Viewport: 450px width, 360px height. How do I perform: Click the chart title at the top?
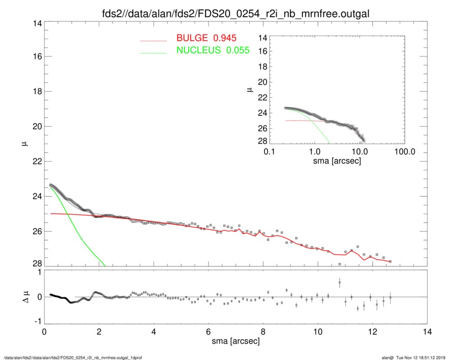(x=225, y=13)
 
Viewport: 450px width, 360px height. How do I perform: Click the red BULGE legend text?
(x=206, y=39)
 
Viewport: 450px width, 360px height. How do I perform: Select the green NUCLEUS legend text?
(x=213, y=50)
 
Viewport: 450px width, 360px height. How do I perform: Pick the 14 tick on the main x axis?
(x=427, y=332)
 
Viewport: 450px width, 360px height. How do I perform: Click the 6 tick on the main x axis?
(x=208, y=332)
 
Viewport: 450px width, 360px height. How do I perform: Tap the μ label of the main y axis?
(x=23, y=144)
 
